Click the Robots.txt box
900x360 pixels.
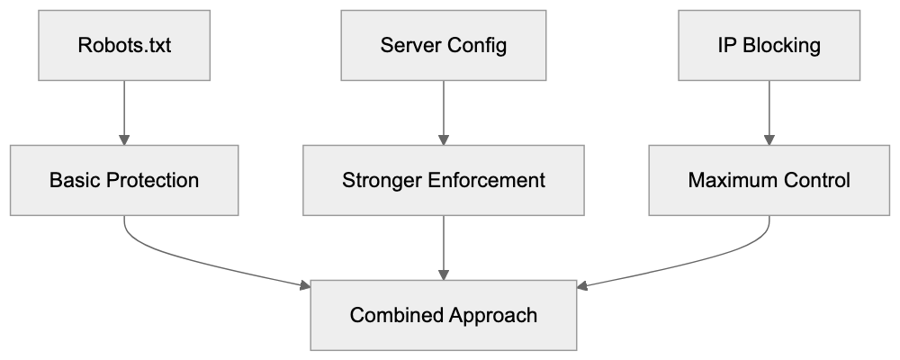124,45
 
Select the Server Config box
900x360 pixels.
444,45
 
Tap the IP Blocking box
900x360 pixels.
769,45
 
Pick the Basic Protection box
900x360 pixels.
124,180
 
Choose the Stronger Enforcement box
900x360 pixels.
444,180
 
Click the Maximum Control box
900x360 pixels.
769,180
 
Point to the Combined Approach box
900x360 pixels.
444,315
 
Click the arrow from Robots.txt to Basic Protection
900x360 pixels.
124,112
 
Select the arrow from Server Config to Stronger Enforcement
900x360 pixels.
444,112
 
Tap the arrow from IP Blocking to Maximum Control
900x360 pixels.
769,112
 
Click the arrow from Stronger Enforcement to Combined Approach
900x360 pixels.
444,247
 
